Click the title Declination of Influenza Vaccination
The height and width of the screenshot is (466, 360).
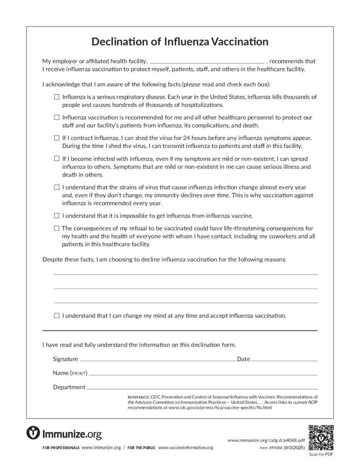[x=180, y=42]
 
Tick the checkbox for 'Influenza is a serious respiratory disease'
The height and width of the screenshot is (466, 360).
[x=57, y=97]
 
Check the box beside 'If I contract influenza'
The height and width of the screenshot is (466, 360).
[x=57, y=137]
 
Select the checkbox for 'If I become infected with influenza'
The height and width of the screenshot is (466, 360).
[x=57, y=159]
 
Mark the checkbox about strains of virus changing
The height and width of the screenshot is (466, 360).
[x=57, y=187]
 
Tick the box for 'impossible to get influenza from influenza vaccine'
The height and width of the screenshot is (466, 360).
[x=57, y=215]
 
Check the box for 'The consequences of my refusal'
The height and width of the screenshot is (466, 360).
[x=57, y=228]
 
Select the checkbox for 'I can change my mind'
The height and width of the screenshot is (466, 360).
[x=57, y=315]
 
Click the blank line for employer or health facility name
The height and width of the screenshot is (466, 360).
[x=207, y=61]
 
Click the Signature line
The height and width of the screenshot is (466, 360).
[x=157, y=360]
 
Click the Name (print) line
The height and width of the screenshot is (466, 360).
[x=203, y=374]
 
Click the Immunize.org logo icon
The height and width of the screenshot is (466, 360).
[x=34, y=433]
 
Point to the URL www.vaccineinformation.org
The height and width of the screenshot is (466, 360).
[x=185, y=448]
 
